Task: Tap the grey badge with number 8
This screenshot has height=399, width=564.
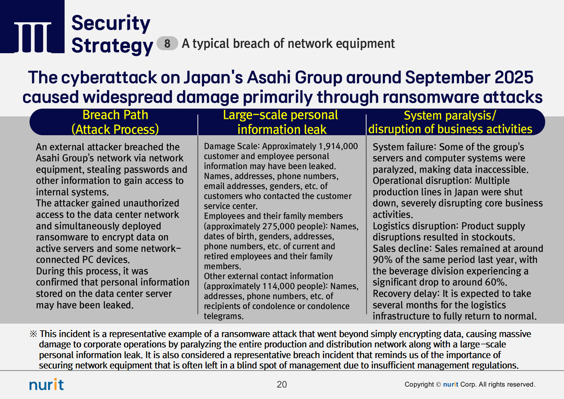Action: (x=167, y=43)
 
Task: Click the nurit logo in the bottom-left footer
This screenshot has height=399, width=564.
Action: (x=47, y=384)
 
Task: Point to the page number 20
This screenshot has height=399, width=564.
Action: (x=282, y=384)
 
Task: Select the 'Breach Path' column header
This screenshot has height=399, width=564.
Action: (x=115, y=115)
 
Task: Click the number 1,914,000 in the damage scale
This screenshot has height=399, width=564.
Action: (x=338, y=146)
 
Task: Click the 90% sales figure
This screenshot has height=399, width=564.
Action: (x=382, y=260)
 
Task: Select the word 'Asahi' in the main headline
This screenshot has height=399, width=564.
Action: (x=269, y=77)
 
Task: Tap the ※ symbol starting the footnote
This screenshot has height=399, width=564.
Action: (x=33, y=334)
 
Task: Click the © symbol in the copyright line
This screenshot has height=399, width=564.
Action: (x=439, y=384)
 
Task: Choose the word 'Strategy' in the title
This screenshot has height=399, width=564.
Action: (x=112, y=46)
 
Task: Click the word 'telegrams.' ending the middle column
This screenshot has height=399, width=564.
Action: (x=224, y=316)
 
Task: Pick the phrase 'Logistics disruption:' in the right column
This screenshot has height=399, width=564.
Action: (x=416, y=226)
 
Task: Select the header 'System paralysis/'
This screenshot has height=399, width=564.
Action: (x=450, y=116)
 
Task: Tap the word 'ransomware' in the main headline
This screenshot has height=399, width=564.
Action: (x=430, y=97)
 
